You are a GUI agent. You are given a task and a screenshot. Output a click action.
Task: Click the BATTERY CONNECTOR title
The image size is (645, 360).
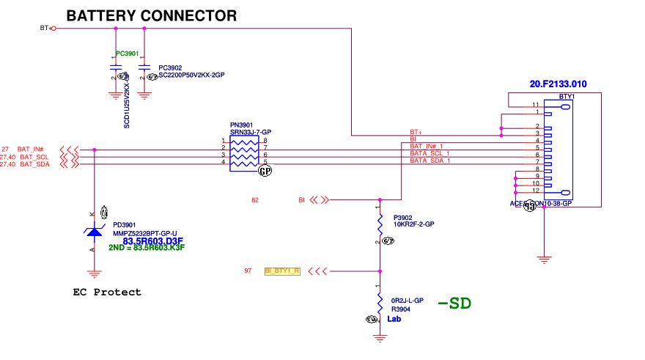pyautogui.click(x=152, y=15)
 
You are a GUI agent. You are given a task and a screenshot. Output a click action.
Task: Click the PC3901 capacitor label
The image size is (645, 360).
pyautogui.click(x=127, y=54)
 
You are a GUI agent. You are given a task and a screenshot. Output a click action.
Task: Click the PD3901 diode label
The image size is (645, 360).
pyautogui.click(x=125, y=225)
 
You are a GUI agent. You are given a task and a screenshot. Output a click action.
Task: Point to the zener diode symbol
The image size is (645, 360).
pyautogui.click(x=94, y=232)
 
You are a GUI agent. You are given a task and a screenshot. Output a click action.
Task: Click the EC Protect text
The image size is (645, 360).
pyautogui.click(x=107, y=292)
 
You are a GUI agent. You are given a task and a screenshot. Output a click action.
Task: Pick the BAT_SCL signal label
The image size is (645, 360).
pyautogui.click(x=34, y=157)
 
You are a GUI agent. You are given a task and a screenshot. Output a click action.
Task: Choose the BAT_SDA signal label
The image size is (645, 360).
pyautogui.click(x=34, y=164)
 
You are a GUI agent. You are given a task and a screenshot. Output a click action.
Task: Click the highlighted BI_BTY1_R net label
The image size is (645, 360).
pyautogui.click(x=282, y=271)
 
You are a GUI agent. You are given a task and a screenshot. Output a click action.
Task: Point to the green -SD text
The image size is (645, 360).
pyautogui.click(x=454, y=303)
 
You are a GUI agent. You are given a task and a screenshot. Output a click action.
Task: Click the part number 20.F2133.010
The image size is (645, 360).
pyautogui.click(x=559, y=84)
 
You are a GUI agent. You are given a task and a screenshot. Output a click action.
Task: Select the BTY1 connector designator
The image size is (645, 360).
pyautogui.click(x=565, y=97)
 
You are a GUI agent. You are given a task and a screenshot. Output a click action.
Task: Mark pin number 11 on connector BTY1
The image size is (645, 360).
pyautogui.click(x=536, y=106)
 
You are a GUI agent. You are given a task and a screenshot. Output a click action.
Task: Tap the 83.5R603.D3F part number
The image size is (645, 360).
pyautogui.click(x=153, y=240)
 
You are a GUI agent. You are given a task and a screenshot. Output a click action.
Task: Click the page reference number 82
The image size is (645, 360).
pyautogui.click(x=255, y=199)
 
